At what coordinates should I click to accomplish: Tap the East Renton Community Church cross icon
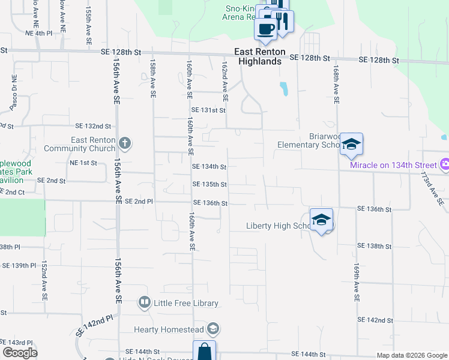click(124, 143)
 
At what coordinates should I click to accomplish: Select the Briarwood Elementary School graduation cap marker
click(351, 144)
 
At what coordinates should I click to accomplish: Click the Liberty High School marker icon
click(321, 219)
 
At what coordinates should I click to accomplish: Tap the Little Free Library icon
click(144, 302)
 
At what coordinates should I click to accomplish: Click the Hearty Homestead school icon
click(212, 329)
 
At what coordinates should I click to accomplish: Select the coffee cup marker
click(266, 28)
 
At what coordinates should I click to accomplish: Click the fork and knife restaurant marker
click(282, 21)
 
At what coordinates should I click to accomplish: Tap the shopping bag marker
click(203, 352)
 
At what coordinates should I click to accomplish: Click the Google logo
click(20, 353)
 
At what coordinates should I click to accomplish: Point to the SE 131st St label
click(208, 110)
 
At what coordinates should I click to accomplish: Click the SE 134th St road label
click(209, 167)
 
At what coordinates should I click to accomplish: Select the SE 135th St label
click(209, 185)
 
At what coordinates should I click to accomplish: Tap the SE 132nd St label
click(94, 126)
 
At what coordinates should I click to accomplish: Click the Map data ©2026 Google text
click(411, 355)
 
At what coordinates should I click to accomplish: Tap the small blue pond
click(283, 89)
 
